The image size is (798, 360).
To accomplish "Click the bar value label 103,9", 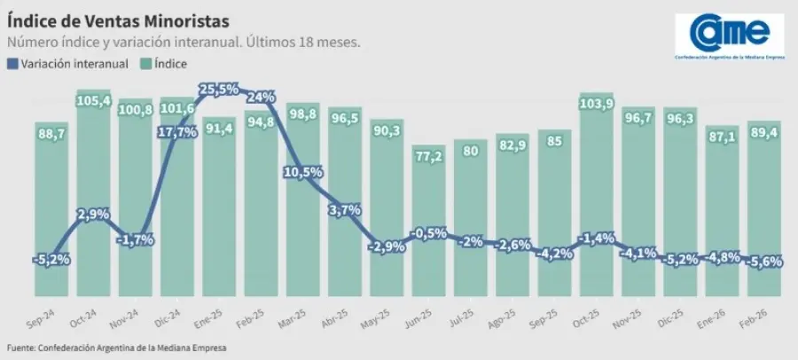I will (596, 105).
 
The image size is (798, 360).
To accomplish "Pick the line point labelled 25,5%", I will (219, 90).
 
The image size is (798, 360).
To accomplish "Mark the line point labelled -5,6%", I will (763, 262).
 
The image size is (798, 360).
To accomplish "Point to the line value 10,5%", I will (303, 172).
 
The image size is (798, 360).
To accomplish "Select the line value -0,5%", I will (428, 234).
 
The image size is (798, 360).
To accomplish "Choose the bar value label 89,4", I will (763, 132).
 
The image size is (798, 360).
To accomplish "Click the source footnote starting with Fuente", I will (116, 348).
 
